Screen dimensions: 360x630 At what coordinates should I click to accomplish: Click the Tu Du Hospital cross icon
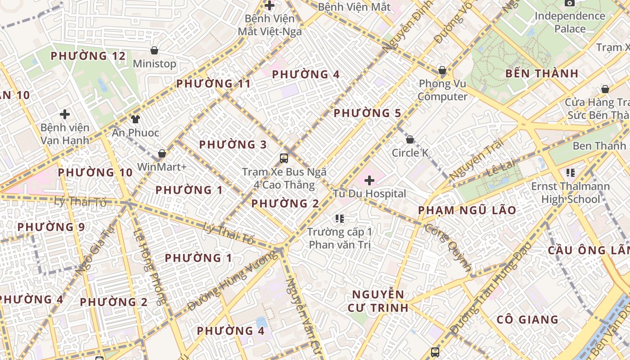coord(369,180)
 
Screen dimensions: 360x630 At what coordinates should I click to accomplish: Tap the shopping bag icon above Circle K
coord(409,140)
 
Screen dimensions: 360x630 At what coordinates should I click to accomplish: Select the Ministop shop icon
coord(154,50)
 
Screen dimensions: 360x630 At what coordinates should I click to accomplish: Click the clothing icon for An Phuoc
coord(135,119)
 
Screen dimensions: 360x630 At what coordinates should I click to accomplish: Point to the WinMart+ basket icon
coord(162,154)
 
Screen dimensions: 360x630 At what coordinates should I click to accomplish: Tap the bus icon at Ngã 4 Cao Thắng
coord(283,158)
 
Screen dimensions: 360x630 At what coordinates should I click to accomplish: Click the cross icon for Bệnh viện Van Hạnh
coord(65,114)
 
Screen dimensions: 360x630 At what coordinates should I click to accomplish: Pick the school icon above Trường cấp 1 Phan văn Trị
coord(340,219)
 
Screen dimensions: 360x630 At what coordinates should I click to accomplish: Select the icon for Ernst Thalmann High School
coord(571,173)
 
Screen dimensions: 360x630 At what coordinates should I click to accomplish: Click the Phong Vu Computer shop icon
coord(442,71)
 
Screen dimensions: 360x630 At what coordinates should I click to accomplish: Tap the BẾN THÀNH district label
coord(541,73)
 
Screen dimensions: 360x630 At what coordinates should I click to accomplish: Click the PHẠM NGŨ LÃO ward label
coord(467,210)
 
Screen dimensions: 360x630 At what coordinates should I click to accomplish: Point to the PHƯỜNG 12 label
coord(88,56)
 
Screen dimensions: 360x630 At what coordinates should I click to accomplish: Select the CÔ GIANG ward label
coord(527,319)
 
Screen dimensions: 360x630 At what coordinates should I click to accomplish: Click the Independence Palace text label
coord(570,22)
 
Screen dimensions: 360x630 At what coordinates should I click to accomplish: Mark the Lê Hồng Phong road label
coord(149,267)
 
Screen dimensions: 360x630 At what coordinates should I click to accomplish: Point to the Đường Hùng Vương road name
coord(232,281)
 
